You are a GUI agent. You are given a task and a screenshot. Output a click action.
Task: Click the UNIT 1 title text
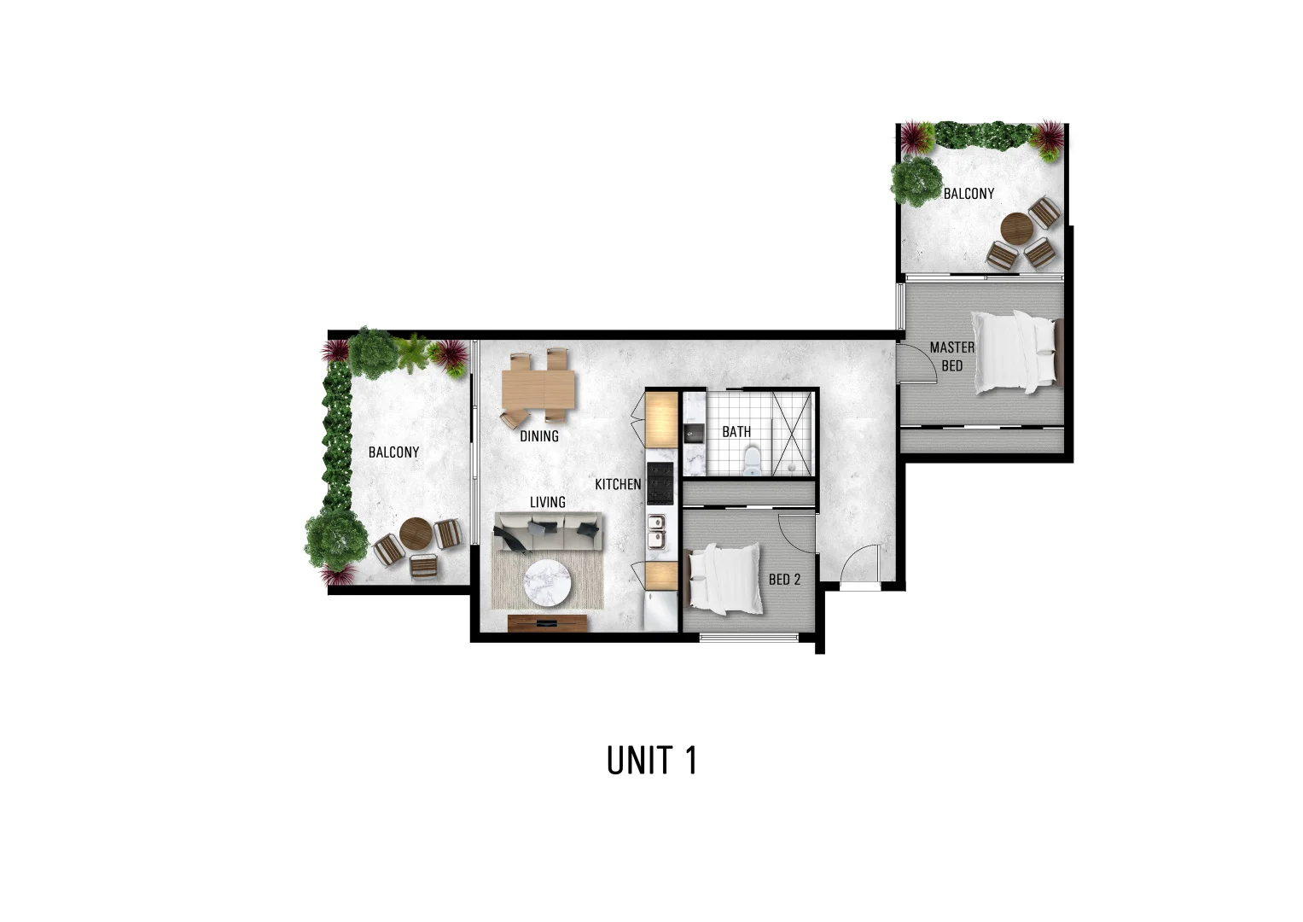pyautogui.click(x=652, y=760)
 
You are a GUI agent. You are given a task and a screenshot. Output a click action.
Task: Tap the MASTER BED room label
pyautogui.click(x=951, y=357)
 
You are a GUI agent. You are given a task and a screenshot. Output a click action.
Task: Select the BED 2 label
pyautogui.click(x=784, y=580)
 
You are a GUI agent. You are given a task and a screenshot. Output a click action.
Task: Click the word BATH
pyautogui.click(x=736, y=432)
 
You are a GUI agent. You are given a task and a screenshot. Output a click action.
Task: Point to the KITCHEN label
pyautogui.click(x=618, y=485)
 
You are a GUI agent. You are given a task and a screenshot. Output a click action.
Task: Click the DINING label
pyautogui.click(x=539, y=436)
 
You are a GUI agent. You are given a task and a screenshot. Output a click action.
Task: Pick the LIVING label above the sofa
pyautogui.click(x=547, y=502)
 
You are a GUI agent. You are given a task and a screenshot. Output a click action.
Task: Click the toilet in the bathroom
pyautogui.click(x=752, y=461)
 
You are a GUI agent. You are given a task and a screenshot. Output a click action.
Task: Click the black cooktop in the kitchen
pyautogui.click(x=660, y=483)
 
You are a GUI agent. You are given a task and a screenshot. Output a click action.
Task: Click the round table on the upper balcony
pyautogui.click(x=1017, y=228)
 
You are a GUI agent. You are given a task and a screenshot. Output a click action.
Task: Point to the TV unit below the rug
pyautogui.click(x=547, y=623)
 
